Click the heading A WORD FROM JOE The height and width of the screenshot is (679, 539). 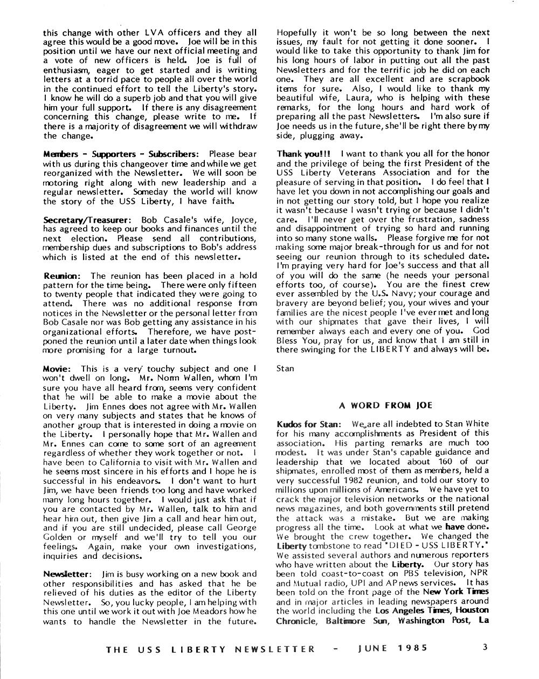pos(385,405)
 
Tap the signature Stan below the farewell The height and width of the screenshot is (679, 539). pos(285,369)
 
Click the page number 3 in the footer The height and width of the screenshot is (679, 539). pos(485,647)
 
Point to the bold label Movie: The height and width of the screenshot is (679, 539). pos(57,369)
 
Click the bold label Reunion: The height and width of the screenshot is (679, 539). pos(61,276)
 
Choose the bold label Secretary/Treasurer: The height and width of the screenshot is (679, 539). pos(87,220)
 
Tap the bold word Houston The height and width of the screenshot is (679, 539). pos(473,611)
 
